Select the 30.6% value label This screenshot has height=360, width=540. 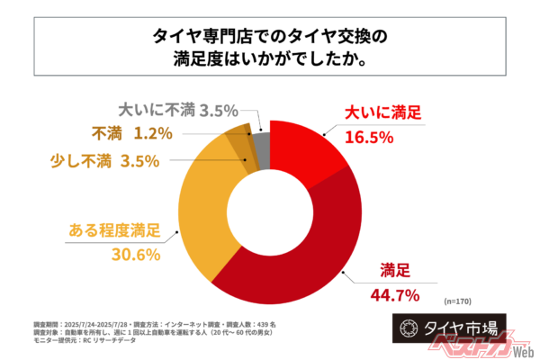pos(135,254)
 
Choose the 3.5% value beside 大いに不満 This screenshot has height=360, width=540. pos(218,111)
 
